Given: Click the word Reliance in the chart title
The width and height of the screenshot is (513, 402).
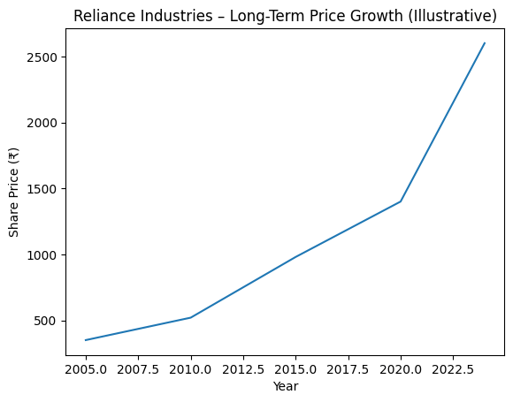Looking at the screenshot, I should point(103,16).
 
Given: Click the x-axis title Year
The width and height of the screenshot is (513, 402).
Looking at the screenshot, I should point(285,387).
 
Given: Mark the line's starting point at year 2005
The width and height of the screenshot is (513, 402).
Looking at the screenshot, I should point(86,340).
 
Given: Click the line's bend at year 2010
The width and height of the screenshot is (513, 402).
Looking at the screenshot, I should point(191,317).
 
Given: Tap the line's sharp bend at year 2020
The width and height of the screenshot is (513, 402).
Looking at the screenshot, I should point(401,201).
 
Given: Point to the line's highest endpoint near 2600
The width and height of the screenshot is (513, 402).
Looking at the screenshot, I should point(485,43).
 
